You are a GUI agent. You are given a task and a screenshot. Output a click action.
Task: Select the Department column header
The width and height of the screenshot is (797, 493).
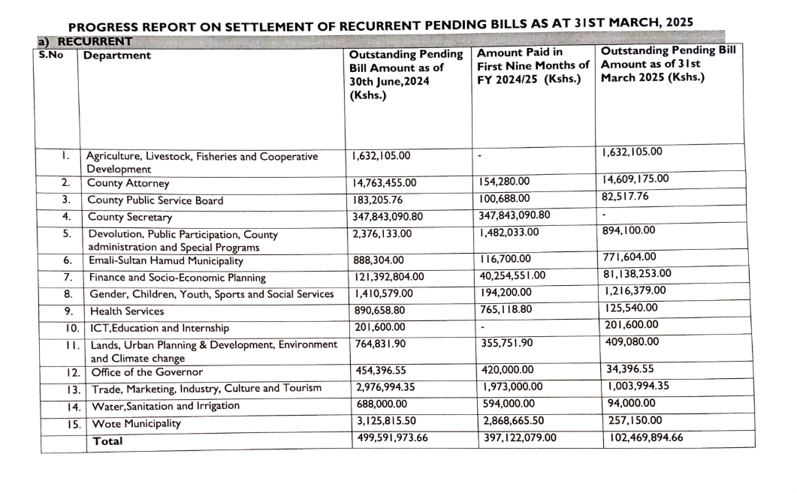coord(116,56)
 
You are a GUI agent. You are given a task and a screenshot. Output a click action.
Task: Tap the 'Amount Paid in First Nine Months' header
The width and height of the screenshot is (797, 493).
coord(533,65)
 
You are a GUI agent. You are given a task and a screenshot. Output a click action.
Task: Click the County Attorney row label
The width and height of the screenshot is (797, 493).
coord(128,183)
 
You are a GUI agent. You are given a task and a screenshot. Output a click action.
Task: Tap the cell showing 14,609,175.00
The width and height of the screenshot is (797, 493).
coord(635,179)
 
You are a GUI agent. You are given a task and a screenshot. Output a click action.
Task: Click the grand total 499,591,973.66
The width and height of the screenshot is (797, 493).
coord(391,437)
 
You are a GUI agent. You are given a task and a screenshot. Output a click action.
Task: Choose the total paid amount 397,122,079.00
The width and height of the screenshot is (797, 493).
coord(518,437)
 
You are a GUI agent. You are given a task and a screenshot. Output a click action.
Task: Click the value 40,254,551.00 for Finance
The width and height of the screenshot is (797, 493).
coord(518,275)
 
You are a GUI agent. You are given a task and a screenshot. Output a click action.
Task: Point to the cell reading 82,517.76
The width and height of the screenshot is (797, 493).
coord(626,197)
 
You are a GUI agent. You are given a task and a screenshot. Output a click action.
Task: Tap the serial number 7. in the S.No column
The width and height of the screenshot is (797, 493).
coord(67,278)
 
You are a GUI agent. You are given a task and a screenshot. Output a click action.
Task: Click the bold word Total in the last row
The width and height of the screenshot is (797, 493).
coord(107,441)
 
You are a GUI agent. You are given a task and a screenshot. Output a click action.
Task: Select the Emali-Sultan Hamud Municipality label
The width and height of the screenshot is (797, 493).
coord(165,261)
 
